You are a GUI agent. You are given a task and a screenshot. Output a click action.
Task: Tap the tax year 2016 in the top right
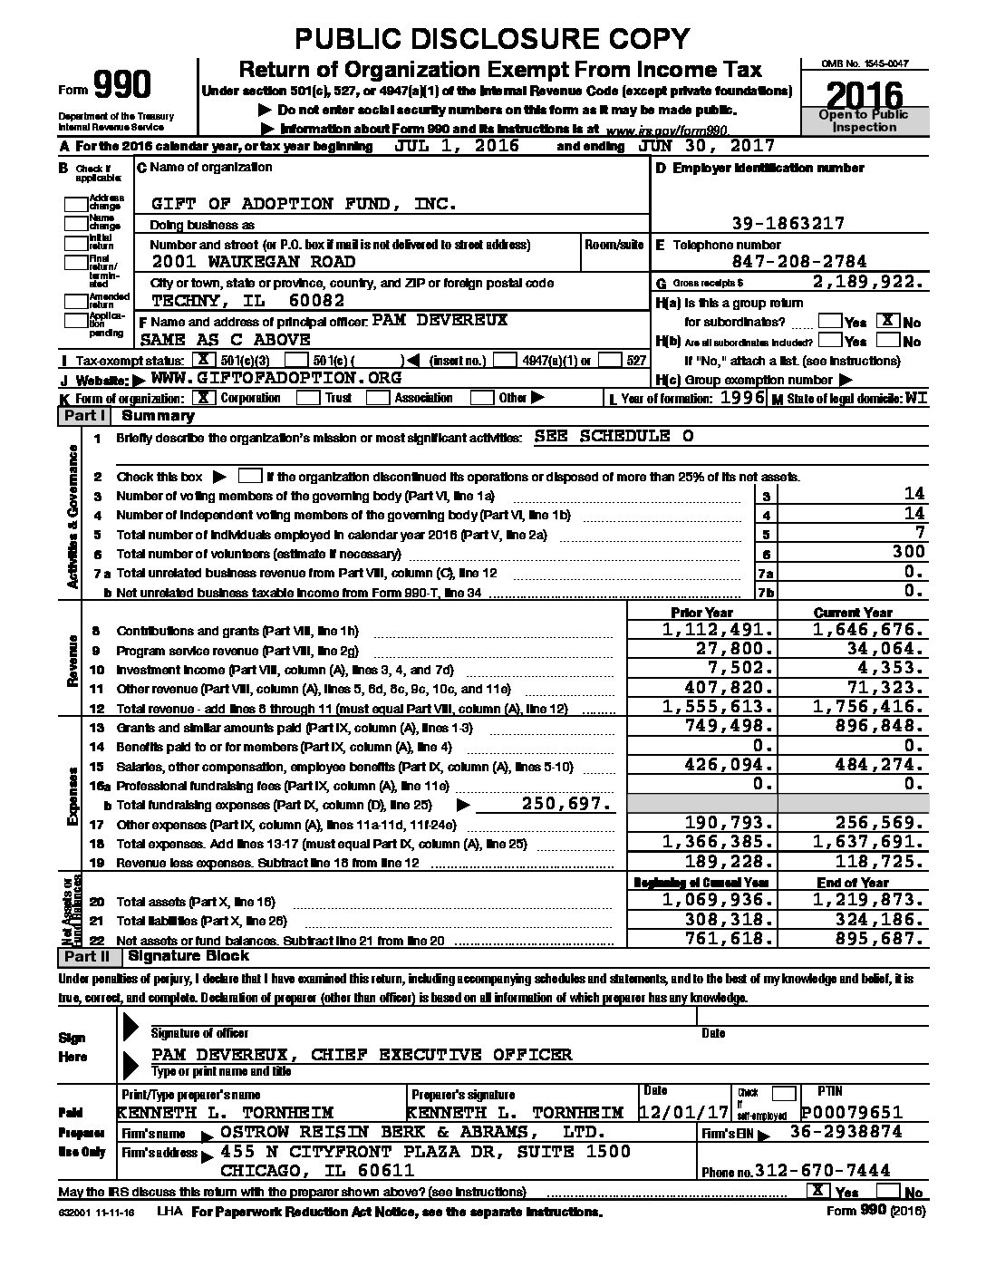(865, 95)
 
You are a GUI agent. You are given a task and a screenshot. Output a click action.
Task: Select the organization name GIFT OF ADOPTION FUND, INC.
(304, 204)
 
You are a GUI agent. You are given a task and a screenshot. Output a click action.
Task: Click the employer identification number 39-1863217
(788, 223)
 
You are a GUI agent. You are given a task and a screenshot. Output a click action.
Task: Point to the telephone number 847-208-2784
(788, 262)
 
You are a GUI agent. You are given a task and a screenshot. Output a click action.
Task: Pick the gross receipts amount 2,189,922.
(869, 282)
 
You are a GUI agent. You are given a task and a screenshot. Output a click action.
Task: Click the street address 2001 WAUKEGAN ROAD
(253, 262)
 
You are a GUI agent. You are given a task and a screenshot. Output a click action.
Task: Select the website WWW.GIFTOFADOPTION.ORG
(275, 378)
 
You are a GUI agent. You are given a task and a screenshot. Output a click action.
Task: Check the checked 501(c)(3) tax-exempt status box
(212, 360)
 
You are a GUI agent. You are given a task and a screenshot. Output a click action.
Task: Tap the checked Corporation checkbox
(205, 398)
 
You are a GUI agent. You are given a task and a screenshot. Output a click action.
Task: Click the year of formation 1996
(743, 398)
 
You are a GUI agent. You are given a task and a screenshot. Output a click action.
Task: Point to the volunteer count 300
(907, 552)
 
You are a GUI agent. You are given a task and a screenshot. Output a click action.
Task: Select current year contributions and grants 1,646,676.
(868, 630)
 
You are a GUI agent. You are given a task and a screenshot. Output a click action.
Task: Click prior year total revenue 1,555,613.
(719, 708)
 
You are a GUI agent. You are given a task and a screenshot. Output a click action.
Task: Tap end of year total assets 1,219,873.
(868, 901)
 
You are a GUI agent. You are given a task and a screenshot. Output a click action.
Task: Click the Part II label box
(86, 957)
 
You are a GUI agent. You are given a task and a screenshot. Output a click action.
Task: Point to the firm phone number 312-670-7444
(827, 1170)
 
